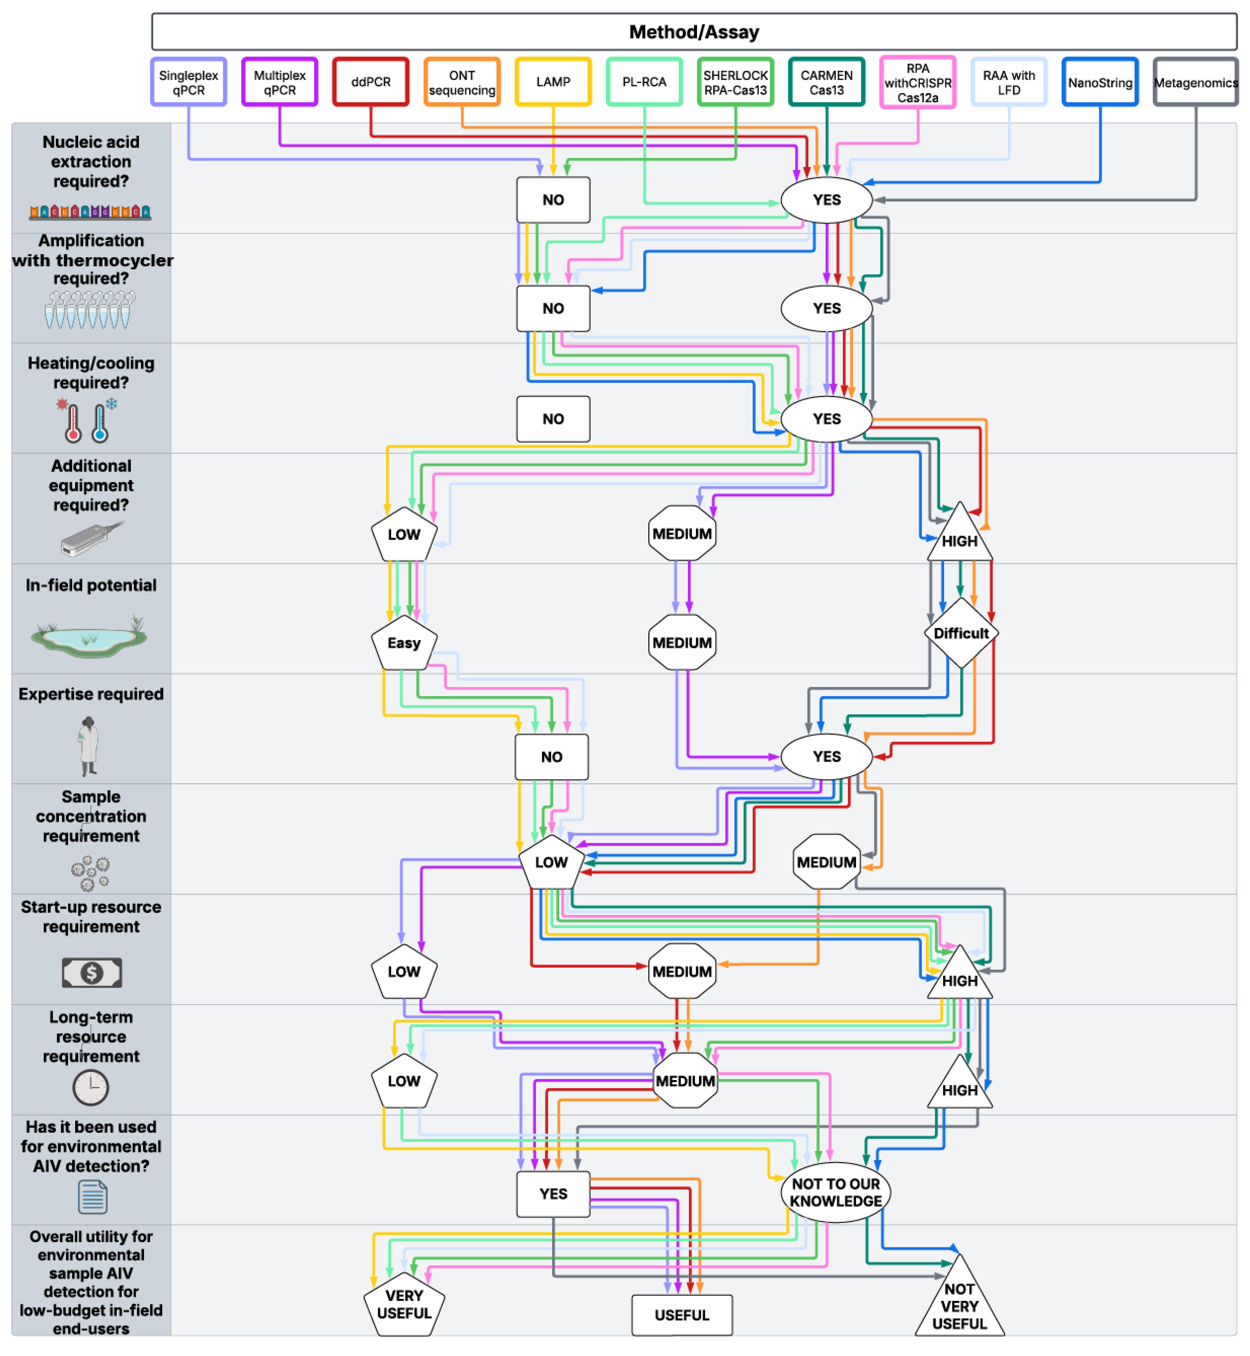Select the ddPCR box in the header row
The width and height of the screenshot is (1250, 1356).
tap(371, 82)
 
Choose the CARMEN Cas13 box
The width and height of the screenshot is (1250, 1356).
tap(826, 82)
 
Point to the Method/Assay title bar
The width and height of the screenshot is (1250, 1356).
tap(694, 32)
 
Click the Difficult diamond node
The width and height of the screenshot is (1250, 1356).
tap(961, 633)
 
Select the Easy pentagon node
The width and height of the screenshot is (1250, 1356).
tap(404, 643)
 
